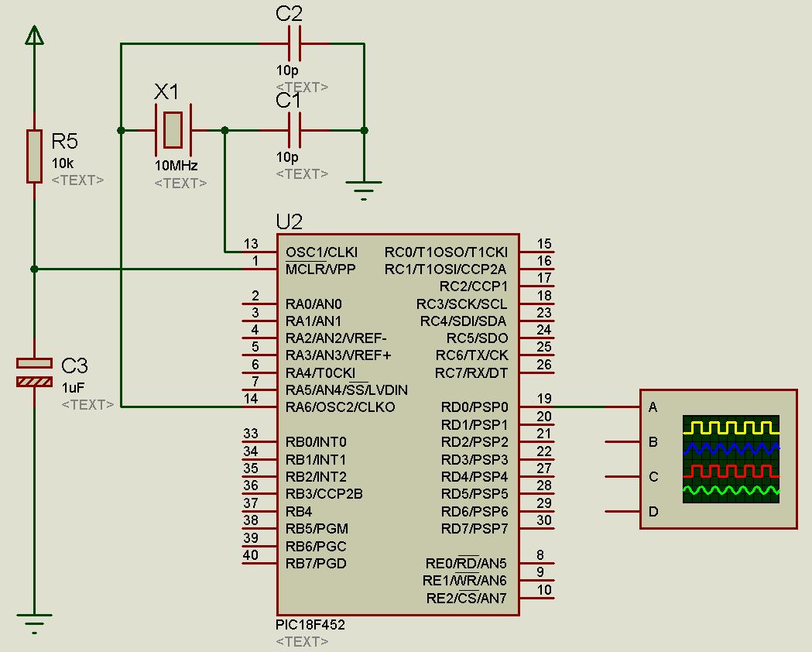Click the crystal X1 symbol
point(173,130)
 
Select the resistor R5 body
point(34,156)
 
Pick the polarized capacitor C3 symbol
point(34,372)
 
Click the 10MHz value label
point(176,166)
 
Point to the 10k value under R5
point(63,164)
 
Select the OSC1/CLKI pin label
point(321,252)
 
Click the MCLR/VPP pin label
point(320,269)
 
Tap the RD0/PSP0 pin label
point(475,407)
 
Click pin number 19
point(544,400)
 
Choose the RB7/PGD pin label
point(316,563)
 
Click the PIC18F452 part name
point(310,625)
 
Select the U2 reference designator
point(289,222)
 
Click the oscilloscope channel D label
point(653,511)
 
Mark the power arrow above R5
point(34,35)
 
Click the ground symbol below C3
point(34,623)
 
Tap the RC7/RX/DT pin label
point(471,373)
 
